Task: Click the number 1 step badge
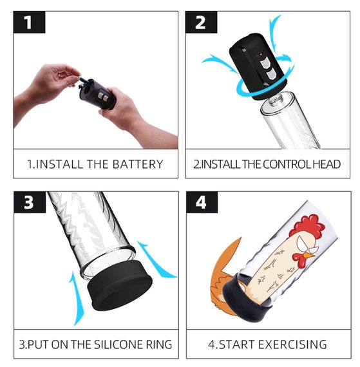(29, 23)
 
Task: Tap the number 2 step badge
(201, 23)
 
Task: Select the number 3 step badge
(30, 202)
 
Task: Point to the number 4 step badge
(202, 202)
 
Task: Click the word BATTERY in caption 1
(138, 164)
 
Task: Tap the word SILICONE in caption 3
(118, 344)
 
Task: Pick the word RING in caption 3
(159, 344)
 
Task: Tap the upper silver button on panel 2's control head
(265, 62)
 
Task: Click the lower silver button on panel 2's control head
(272, 75)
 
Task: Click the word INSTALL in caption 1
(59, 164)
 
